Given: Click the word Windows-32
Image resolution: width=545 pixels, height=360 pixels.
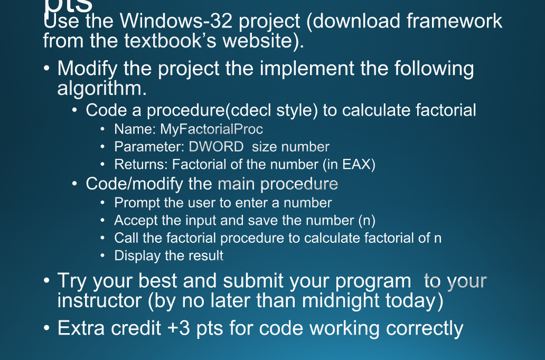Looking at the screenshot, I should (x=176, y=22).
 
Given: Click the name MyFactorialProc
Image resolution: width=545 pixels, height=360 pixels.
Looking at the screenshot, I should (x=211, y=129).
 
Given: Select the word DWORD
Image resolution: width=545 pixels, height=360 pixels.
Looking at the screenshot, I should (x=216, y=147).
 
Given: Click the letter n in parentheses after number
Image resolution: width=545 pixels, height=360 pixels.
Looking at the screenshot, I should (x=367, y=220).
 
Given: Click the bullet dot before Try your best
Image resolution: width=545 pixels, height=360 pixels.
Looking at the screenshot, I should (x=47, y=280).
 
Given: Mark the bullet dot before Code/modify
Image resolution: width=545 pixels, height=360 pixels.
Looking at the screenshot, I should (x=76, y=184).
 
